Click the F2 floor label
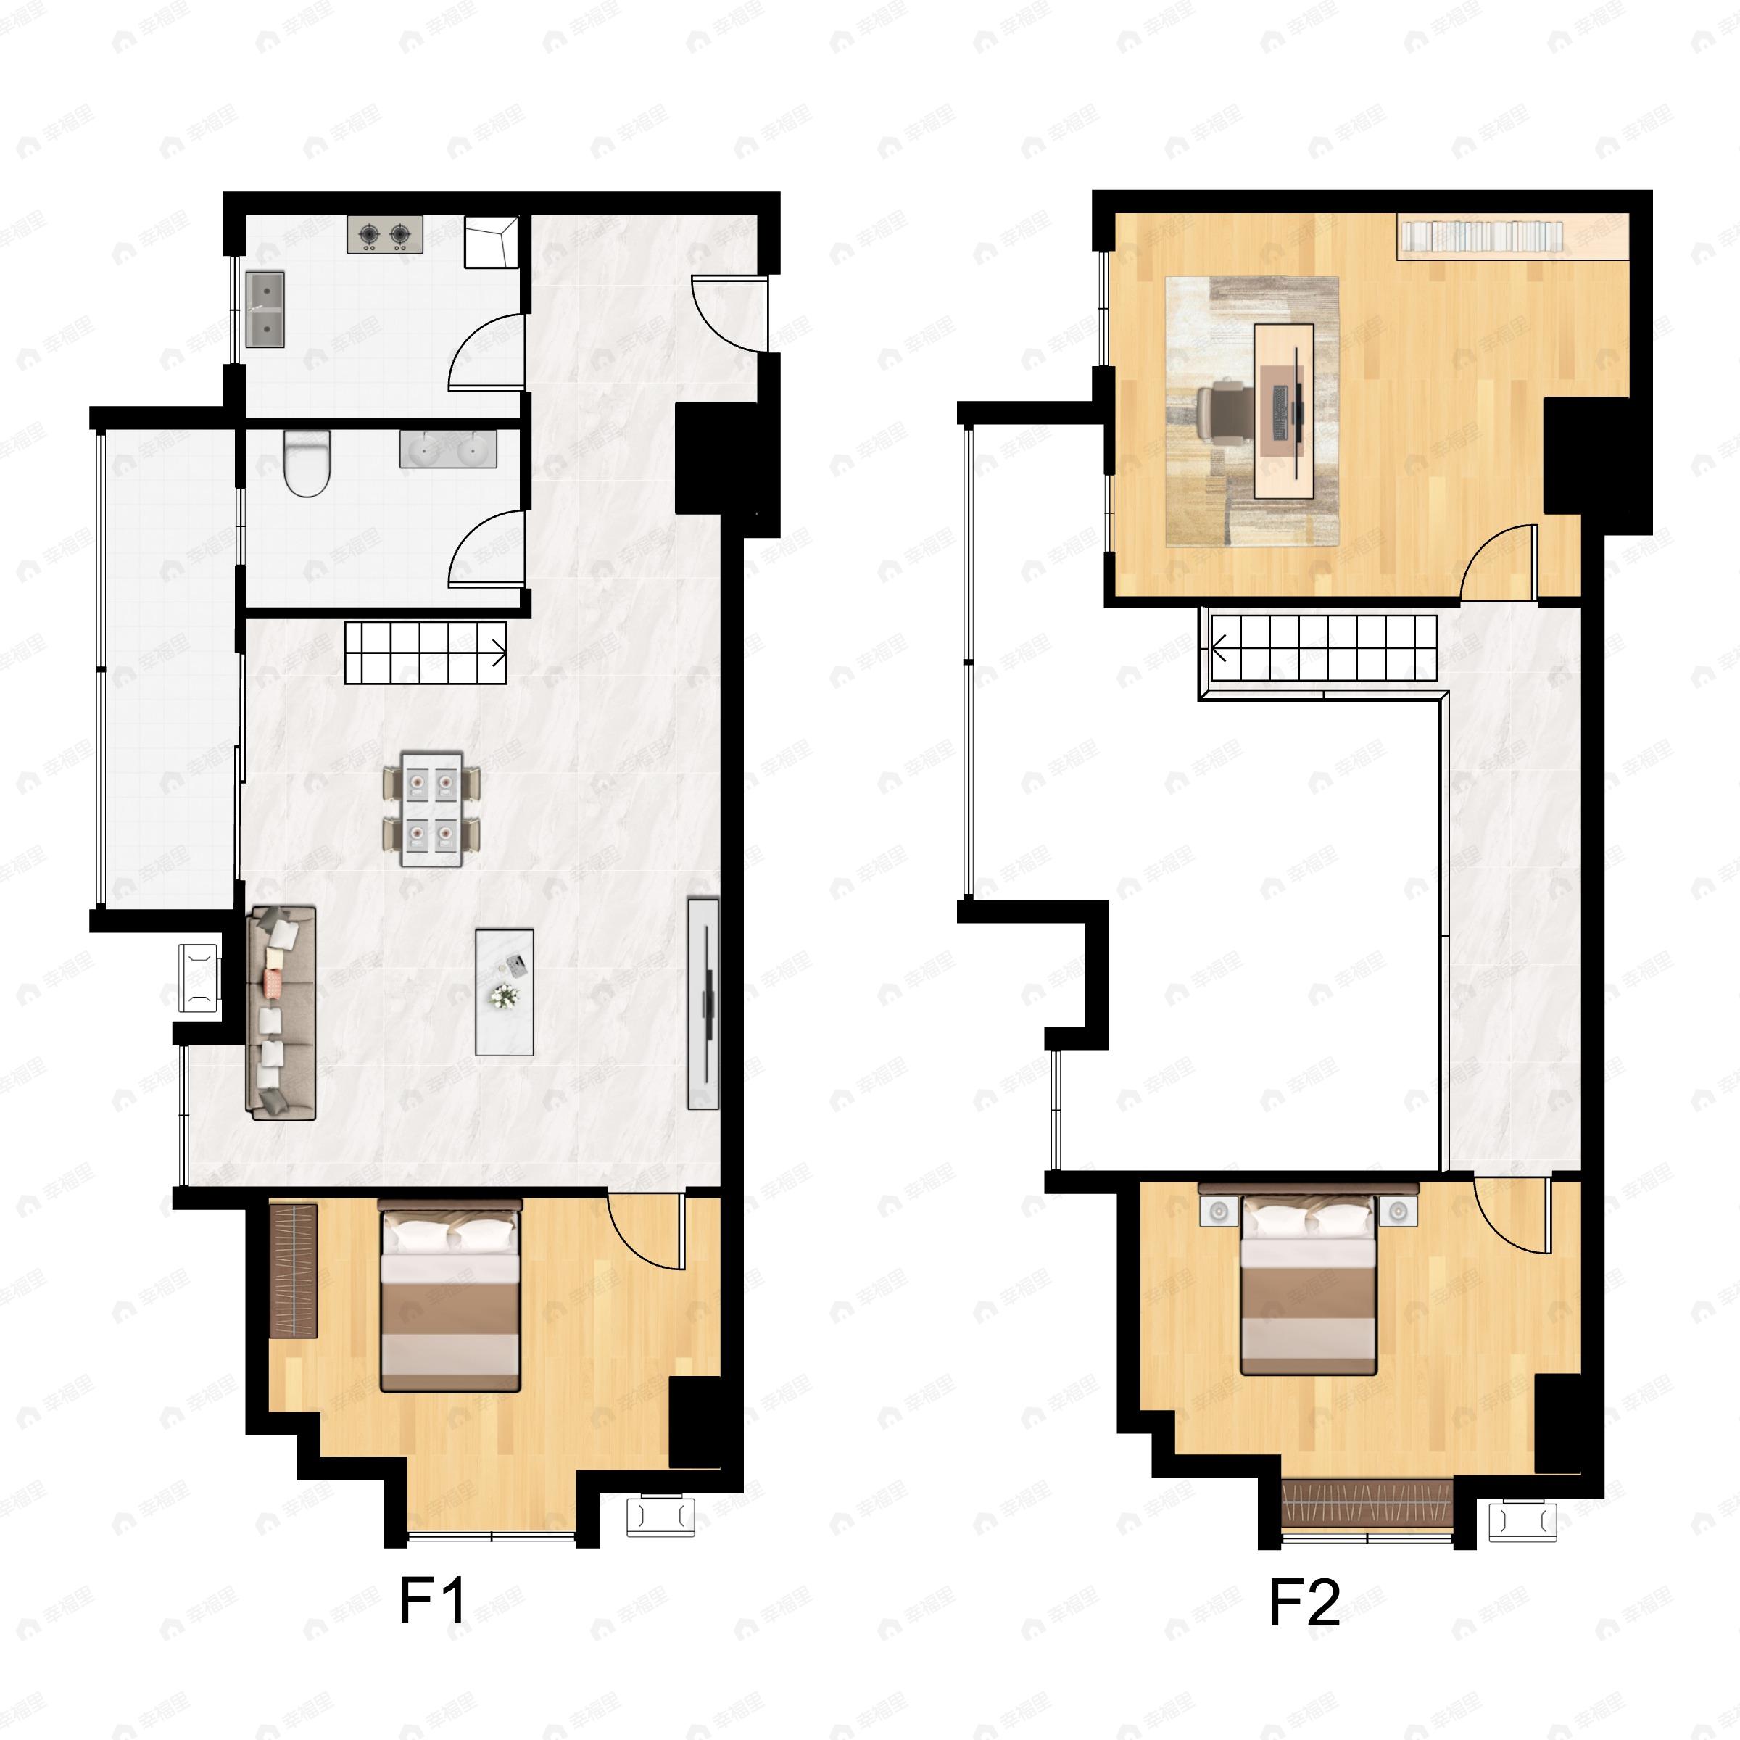1304,1602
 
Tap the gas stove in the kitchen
384,235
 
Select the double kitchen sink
265,310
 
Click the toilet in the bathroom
306,463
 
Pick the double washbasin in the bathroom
447,449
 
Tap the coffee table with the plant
505,993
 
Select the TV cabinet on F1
703,1003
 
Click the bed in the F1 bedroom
450,1294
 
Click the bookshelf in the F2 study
1480,236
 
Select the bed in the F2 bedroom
1309,1286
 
